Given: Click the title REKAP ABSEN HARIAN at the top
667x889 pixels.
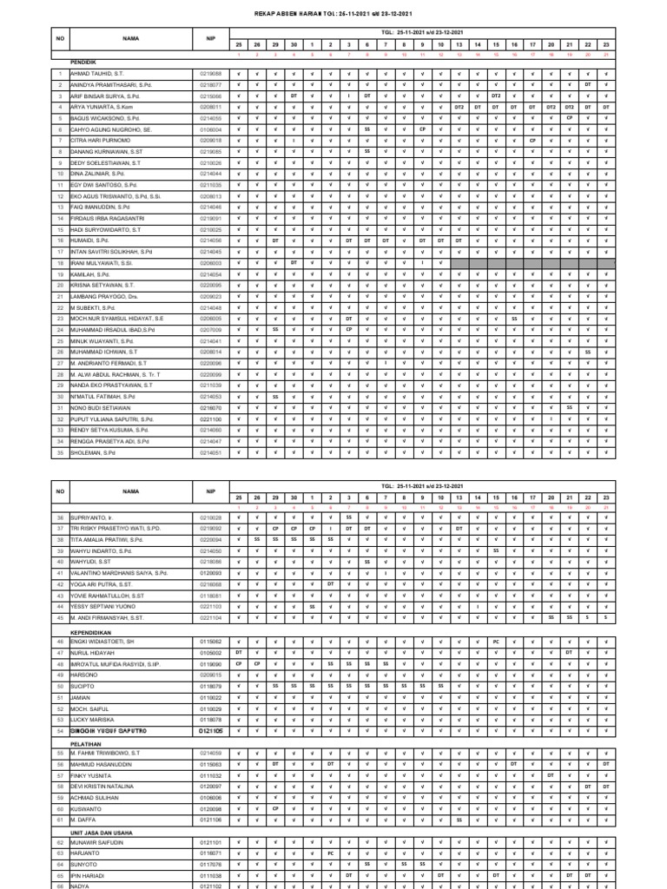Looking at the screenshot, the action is [333, 14].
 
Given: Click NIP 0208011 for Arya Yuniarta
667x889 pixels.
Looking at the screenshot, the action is [210, 107].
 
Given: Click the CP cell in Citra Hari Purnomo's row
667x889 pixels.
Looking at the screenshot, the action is [532, 140].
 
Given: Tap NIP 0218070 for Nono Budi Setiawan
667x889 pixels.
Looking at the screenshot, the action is [210, 407].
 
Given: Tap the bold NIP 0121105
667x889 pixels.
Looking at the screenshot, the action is [210, 731].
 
